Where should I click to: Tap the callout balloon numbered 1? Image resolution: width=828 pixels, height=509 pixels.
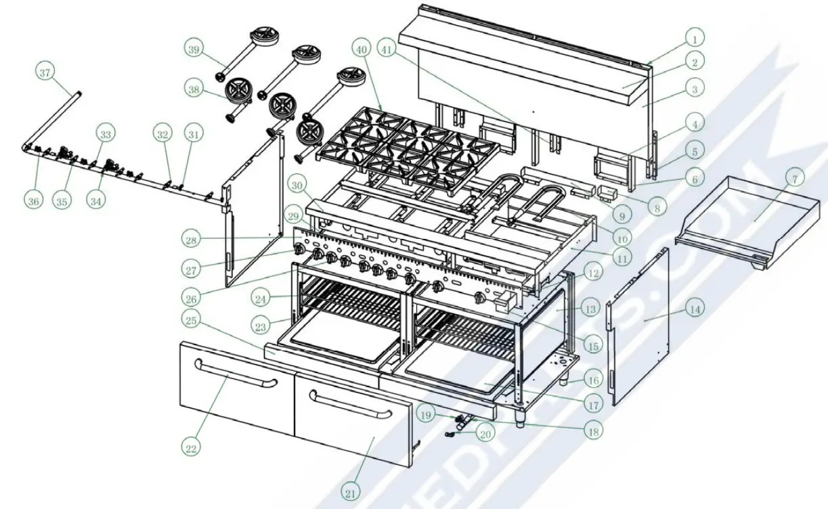695,37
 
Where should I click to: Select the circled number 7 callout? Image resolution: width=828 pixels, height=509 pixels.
795,179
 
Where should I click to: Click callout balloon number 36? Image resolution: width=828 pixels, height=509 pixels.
33,200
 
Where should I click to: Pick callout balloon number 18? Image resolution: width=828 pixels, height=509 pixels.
594,428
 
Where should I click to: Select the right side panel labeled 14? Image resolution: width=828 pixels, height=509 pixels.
640,325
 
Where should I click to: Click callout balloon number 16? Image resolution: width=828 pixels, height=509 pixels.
593,380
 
